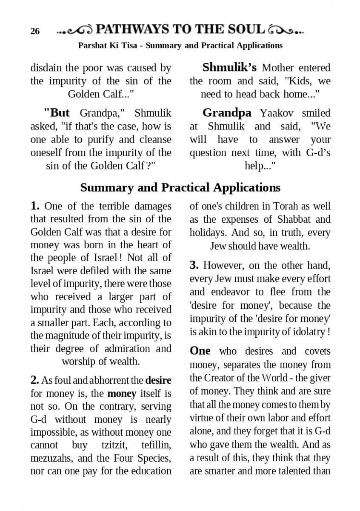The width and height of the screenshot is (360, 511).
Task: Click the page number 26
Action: pyautogui.click(x=35, y=32)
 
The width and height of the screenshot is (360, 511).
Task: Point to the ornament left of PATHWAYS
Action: pyautogui.click(x=75, y=30)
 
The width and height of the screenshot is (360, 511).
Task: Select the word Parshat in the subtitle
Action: pyautogui.click(x=92, y=45)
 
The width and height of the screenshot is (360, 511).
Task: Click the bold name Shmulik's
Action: pyautogui.click(x=229, y=67)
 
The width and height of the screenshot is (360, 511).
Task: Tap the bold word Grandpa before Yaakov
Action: pyautogui.click(x=227, y=113)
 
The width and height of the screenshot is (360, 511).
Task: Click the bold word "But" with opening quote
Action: pyautogui.click(x=57, y=113)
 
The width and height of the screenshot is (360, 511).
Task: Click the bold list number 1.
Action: pyautogui.click(x=35, y=206)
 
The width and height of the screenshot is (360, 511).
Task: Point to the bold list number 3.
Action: pyautogui.click(x=194, y=265)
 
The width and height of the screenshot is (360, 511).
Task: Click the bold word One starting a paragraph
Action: pyautogui.click(x=200, y=350)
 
